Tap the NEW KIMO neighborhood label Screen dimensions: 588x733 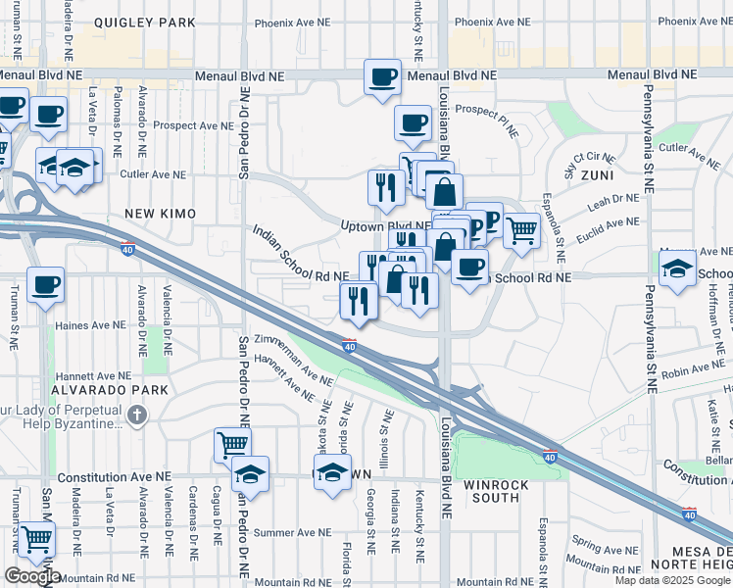click(160, 214)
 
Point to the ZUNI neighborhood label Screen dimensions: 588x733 click(594, 174)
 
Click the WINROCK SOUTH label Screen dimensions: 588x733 click(497, 491)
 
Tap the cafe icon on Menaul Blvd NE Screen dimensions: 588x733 click(382, 76)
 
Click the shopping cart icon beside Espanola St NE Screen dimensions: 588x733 click(521, 230)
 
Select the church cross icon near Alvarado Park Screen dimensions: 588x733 click(137, 416)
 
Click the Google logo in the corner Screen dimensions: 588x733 click(32, 576)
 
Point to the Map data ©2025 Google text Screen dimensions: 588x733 click(671, 580)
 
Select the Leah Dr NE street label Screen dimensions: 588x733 click(613, 204)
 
